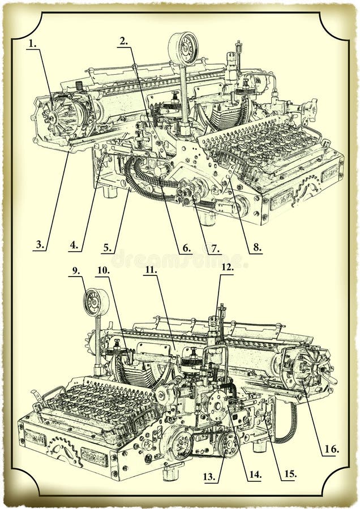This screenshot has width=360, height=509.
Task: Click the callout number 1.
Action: pyautogui.click(x=32, y=43)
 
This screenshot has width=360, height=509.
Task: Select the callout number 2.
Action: pyautogui.click(x=124, y=41)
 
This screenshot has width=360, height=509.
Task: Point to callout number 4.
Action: pyautogui.click(x=74, y=245)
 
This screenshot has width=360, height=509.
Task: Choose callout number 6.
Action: pyautogui.click(x=186, y=248)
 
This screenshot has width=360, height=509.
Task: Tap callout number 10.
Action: pyautogui.click(x=103, y=270)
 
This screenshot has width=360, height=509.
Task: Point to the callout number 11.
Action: pyautogui.click(x=150, y=270)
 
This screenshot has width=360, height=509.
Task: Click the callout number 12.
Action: pyautogui.click(x=226, y=267)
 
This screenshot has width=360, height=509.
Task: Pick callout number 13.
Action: pyautogui.click(x=209, y=477)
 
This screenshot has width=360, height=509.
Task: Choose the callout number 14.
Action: pyautogui.click(x=255, y=475)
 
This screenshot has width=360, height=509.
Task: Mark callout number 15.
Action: pyautogui.click(x=289, y=474)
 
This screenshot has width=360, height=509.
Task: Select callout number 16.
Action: pyautogui.click(x=332, y=450)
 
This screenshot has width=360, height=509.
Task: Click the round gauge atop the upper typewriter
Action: pyautogui.click(x=183, y=48)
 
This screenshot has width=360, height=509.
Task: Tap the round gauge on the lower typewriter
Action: pyautogui.click(x=96, y=302)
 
